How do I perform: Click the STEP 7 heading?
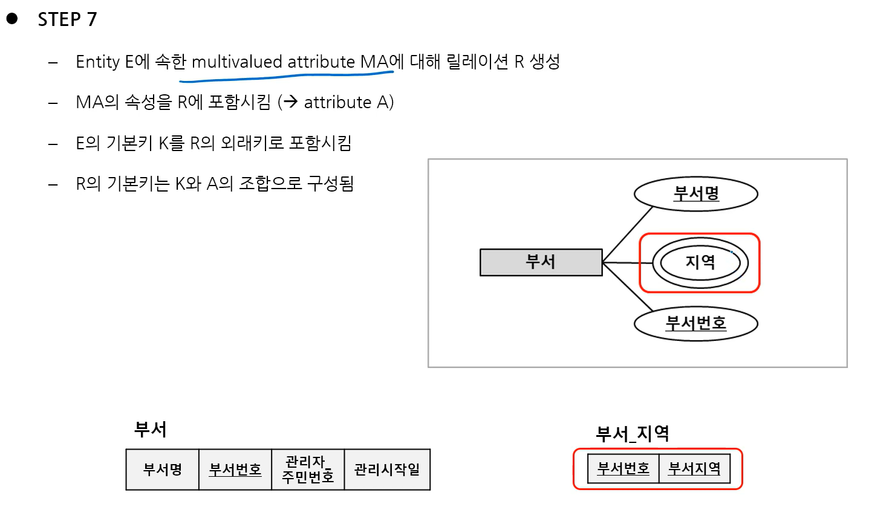pyautogui.click(x=67, y=19)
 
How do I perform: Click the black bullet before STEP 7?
pyautogui.click(x=12, y=19)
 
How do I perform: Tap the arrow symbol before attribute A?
pyautogui.click(x=290, y=102)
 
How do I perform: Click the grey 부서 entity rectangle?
pyautogui.click(x=541, y=262)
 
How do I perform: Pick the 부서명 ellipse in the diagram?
pyautogui.click(x=695, y=194)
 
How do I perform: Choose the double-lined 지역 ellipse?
pyautogui.click(x=700, y=263)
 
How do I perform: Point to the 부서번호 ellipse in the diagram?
pyautogui.click(x=695, y=323)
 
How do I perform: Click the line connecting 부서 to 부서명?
pyautogui.click(x=628, y=234)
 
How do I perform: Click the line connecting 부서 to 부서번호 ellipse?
pyautogui.click(x=628, y=288)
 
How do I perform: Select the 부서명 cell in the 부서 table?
pyautogui.click(x=162, y=470)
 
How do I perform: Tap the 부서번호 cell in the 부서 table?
pyautogui.click(x=235, y=470)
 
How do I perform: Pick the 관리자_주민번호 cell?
pyautogui.click(x=308, y=470)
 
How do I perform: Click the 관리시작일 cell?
pyautogui.click(x=387, y=470)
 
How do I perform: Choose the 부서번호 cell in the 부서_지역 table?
pyautogui.click(x=623, y=468)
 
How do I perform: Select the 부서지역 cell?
pyautogui.click(x=694, y=468)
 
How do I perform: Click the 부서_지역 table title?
pyautogui.click(x=632, y=433)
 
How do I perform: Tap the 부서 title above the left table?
pyautogui.click(x=150, y=430)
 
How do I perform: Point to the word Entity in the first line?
pyautogui.click(x=98, y=62)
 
